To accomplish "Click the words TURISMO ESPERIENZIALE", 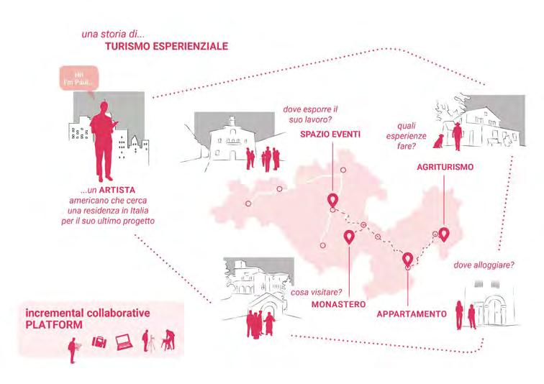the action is tap(166, 46).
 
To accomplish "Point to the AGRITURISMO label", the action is tap(445, 168).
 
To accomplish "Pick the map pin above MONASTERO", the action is tap(350, 237).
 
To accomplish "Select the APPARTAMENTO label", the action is tap(411, 314).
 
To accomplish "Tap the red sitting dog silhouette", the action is tap(437, 144).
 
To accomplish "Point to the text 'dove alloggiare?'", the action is tap(484, 266).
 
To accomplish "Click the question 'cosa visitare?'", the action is tap(316, 292).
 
